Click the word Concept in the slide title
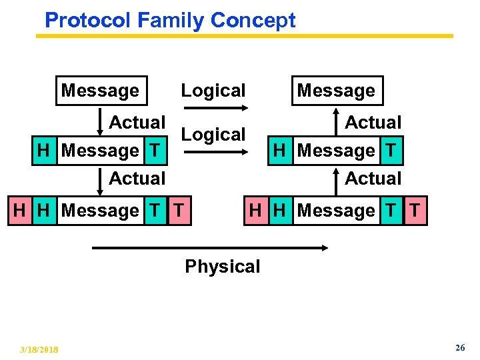click(253, 20)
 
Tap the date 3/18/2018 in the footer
click(39, 350)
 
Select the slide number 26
click(459, 349)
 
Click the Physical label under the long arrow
click(222, 267)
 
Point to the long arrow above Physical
click(210, 248)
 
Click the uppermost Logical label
click(213, 91)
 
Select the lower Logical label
click(213, 135)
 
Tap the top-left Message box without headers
click(100, 91)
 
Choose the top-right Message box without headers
click(336, 91)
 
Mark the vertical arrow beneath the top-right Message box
click(336, 122)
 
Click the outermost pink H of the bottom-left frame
click(20, 211)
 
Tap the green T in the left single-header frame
click(155, 151)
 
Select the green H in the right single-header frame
click(280, 151)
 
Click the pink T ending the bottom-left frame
click(179, 211)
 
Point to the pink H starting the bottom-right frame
click(255, 211)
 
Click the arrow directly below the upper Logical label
click(214, 108)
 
